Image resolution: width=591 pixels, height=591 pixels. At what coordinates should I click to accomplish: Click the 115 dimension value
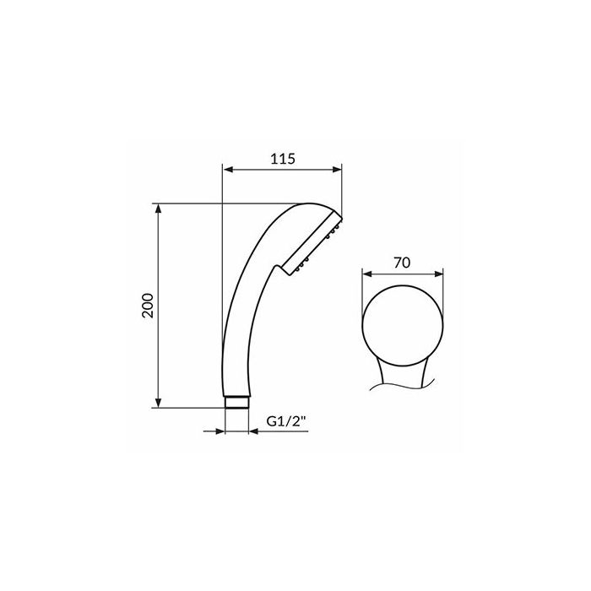pos(283,159)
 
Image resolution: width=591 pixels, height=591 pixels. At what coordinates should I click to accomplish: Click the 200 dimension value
pos(148,306)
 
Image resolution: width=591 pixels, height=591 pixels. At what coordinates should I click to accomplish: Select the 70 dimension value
pos(402,263)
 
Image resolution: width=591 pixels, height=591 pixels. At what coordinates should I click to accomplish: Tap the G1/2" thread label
pos(285,421)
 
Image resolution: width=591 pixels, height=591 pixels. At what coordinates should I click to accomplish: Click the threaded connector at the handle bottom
pos(236,402)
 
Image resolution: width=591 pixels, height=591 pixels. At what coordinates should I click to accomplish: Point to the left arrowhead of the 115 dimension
pos(228,170)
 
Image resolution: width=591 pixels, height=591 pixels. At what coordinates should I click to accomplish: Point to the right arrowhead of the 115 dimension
pos(336,170)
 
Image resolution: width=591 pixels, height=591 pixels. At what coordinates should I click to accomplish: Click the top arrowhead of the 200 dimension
pos(159,209)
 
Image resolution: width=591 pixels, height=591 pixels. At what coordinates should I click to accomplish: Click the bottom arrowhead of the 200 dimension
pos(159,402)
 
